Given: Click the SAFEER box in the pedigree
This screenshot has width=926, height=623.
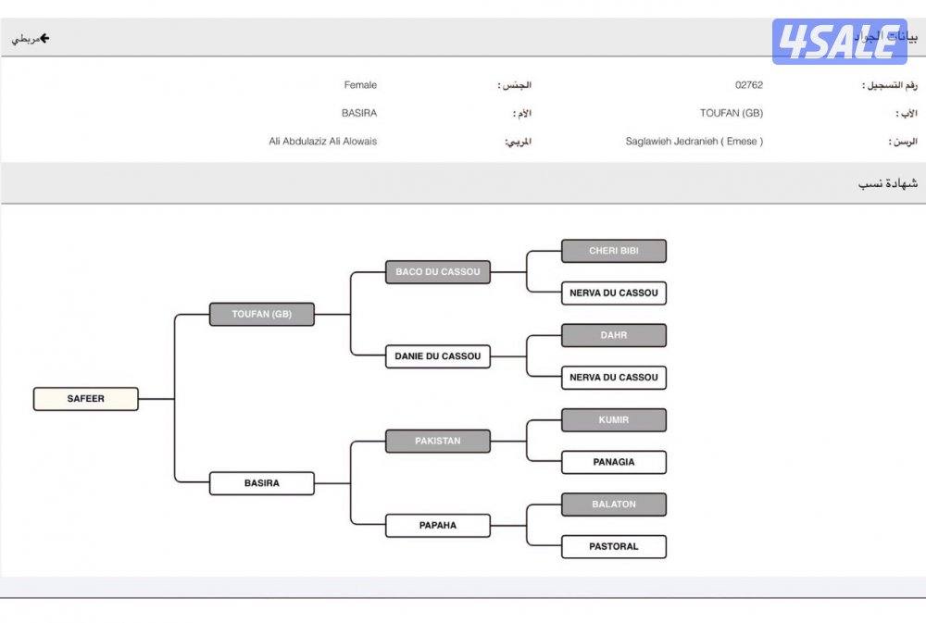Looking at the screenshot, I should tap(85, 399).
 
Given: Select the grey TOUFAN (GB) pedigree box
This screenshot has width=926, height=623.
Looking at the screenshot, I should tap(262, 315).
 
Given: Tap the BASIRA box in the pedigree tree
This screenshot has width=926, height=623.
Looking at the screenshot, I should tap(262, 483).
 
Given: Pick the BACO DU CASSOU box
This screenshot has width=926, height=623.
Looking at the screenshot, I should tap(438, 272).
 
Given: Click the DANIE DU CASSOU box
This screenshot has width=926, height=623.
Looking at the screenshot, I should tap(438, 356).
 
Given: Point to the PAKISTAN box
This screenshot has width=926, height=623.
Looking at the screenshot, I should tap(438, 442).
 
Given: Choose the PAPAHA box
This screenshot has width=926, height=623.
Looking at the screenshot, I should tap(438, 526).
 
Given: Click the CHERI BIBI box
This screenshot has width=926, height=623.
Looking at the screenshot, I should tap(614, 251).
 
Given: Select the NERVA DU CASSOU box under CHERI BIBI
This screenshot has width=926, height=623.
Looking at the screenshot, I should tap(614, 293).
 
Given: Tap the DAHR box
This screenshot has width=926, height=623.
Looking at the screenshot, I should tap(614, 335).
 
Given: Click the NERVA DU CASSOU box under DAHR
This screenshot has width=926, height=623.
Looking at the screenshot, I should tap(614, 378).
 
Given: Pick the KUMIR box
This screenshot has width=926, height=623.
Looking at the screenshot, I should tap(614, 420).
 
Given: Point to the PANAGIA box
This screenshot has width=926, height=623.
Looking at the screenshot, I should tap(614, 462).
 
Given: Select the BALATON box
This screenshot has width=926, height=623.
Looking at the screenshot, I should tap(614, 505).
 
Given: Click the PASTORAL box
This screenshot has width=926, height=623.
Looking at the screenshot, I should tap(614, 547).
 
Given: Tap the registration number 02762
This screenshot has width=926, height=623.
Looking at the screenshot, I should tap(749, 85).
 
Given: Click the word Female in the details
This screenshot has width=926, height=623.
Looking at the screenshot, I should tap(360, 85).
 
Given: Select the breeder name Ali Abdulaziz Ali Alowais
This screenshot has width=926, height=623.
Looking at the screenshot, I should tap(322, 142).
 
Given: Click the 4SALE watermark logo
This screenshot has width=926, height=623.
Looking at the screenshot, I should tap(839, 42).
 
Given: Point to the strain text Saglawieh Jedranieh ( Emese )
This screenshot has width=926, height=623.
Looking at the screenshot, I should tap(694, 142).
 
